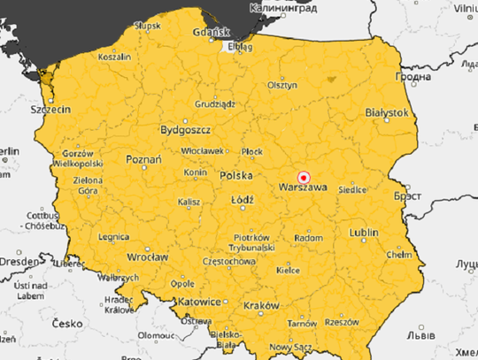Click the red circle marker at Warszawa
coord(303,176)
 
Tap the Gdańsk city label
coord(212,34)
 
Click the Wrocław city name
coord(147,257)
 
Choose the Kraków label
coord(260,305)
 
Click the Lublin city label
coord(364,233)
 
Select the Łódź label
coord(242,201)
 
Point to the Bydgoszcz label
coord(183,130)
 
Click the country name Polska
coord(237,176)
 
